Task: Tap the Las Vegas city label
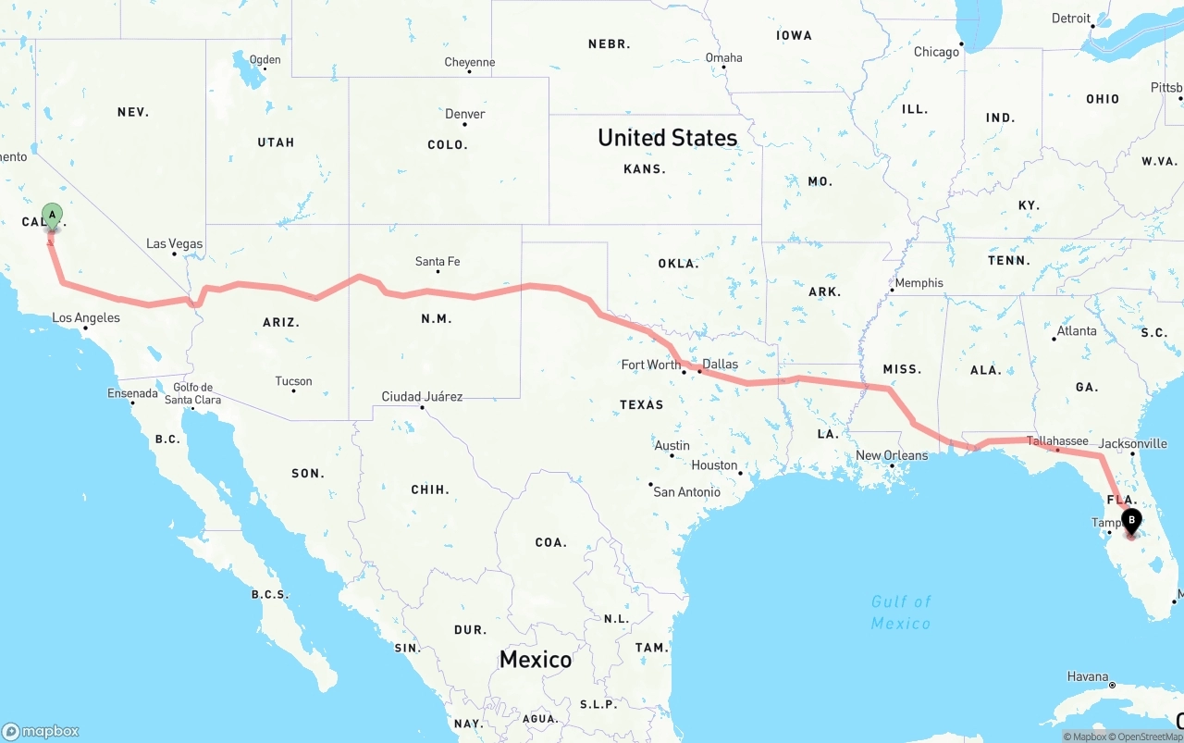(174, 244)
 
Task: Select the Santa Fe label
(438, 262)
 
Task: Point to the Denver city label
(464, 115)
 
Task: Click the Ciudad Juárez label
(422, 397)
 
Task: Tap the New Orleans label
(892, 455)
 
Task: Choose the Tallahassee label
(1057, 441)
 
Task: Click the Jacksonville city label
(1132, 444)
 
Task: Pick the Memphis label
(919, 283)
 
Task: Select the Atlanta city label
(1077, 331)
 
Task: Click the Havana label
(1087, 677)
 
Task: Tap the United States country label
(667, 138)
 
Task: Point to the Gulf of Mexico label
(901, 613)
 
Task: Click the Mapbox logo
(41, 731)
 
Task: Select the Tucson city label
(293, 381)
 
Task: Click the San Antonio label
(686, 492)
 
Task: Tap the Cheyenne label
(469, 63)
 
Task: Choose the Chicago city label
(936, 52)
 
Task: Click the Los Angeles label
(86, 318)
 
